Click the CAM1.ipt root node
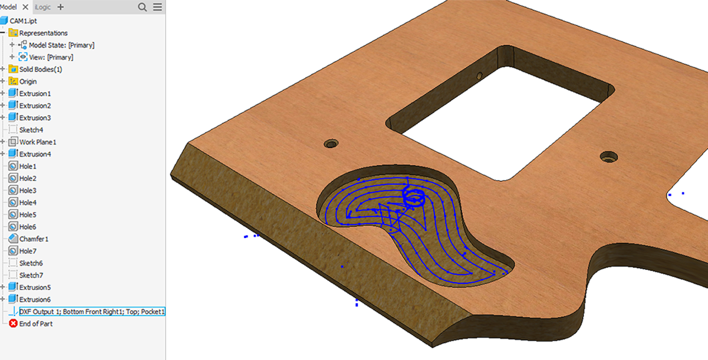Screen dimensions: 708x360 point(23,21)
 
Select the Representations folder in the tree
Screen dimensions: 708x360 point(43,33)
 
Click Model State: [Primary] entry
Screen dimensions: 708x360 point(62,45)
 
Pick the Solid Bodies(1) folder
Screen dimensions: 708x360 point(41,69)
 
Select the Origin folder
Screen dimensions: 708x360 point(28,81)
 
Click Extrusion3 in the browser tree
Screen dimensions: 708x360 point(35,118)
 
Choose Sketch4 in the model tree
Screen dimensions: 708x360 point(31,130)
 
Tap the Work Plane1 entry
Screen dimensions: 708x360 point(38,142)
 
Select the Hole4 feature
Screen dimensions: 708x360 point(28,203)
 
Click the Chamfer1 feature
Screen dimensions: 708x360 point(34,239)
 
